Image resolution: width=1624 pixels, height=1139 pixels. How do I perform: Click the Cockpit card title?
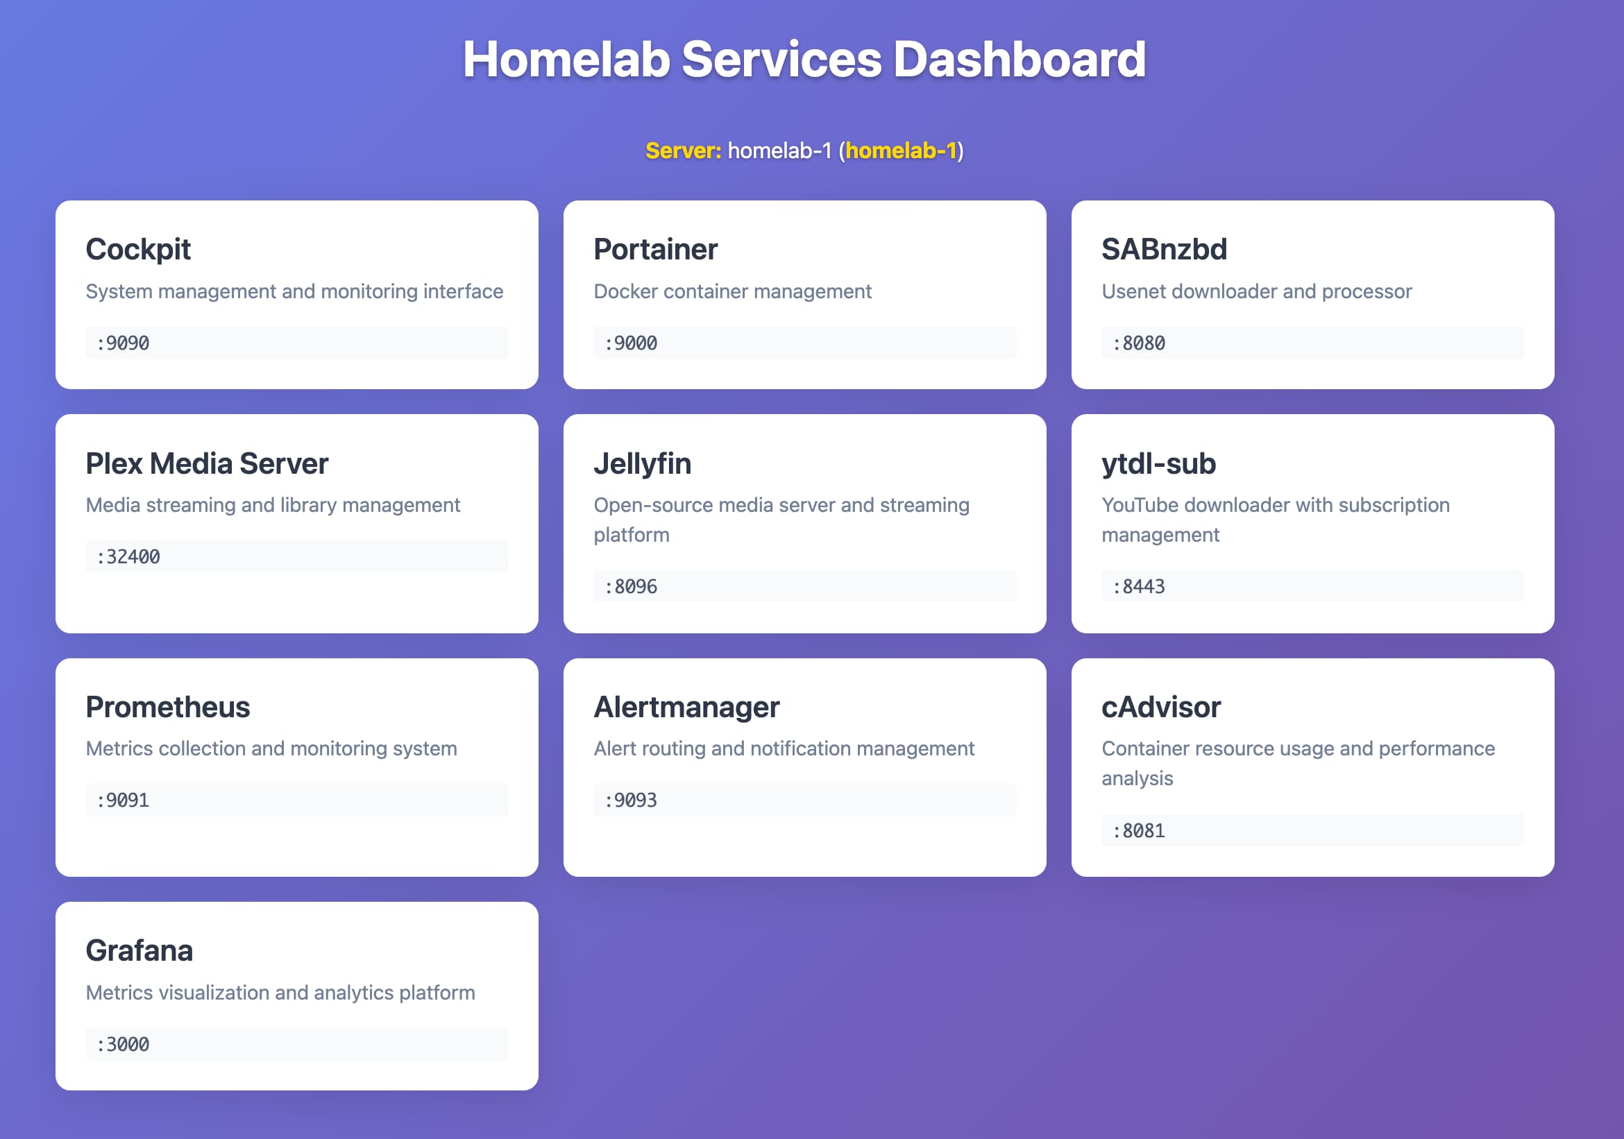(x=138, y=250)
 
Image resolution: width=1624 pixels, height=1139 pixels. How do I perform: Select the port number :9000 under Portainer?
(x=631, y=343)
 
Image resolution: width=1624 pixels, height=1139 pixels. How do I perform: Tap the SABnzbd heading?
(x=1164, y=250)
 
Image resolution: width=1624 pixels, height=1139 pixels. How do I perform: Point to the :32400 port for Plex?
(x=128, y=557)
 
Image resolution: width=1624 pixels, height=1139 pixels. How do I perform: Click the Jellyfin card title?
(x=641, y=464)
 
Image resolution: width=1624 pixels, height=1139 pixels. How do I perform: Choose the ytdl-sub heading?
(x=1158, y=464)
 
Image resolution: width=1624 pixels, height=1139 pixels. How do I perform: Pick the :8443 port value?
(x=1139, y=587)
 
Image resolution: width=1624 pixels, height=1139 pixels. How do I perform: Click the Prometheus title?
(x=168, y=707)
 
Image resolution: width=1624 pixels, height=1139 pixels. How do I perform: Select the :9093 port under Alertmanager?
(x=631, y=800)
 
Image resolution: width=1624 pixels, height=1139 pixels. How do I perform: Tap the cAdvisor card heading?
(x=1160, y=707)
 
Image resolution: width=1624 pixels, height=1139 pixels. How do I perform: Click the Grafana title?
(x=139, y=951)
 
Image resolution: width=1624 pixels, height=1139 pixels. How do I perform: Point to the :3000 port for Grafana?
(x=123, y=1044)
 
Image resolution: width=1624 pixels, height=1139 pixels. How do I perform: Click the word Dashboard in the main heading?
(x=1020, y=60)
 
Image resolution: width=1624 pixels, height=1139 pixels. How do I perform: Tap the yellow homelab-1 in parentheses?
(x=900, y=151)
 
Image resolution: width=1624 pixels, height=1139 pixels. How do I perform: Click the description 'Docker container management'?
(x=732, y=291)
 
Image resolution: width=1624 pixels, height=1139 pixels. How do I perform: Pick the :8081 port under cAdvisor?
(x=1139, y=831)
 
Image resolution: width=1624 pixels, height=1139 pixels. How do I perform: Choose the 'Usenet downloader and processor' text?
(x=1256, y=291)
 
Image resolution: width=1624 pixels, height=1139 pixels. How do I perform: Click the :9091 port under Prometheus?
(x=123, y=800)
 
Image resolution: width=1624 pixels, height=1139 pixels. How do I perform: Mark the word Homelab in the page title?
(x=566, y=60)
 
